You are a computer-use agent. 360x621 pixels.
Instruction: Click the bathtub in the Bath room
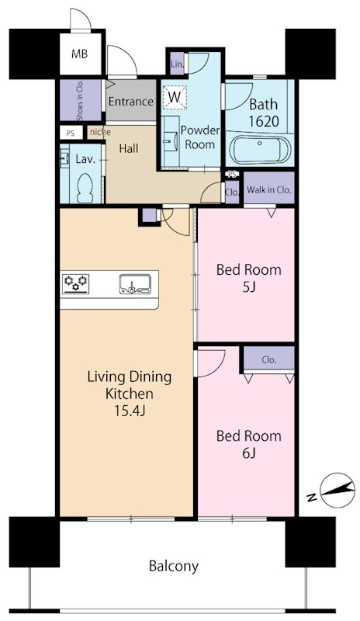(260, 149)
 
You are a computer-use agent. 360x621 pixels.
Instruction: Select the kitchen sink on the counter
(135, 284)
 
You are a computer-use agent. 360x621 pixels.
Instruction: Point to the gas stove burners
(75, 284)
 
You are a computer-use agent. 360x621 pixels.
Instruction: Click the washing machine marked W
(174, 96)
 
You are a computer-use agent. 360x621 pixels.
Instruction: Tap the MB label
(79, 54)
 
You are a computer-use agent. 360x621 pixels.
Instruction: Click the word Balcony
(174, 566)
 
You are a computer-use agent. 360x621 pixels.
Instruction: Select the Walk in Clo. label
(269, 189)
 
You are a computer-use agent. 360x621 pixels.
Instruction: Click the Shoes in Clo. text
(80, 101)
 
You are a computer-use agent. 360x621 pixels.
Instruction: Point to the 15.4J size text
(130, 411)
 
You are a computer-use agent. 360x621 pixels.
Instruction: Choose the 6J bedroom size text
(248, 453)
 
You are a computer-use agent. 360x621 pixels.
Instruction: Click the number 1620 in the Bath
(264, 121)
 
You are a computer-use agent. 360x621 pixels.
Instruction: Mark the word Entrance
(130, 102)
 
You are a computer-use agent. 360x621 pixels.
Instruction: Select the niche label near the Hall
(100, 132)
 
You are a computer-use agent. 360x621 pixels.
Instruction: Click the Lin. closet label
(178, 64)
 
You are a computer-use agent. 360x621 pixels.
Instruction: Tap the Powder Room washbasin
(170, 141)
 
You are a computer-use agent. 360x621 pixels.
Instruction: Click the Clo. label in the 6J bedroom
(269, 360)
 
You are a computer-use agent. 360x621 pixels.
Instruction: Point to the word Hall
(129, 149)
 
